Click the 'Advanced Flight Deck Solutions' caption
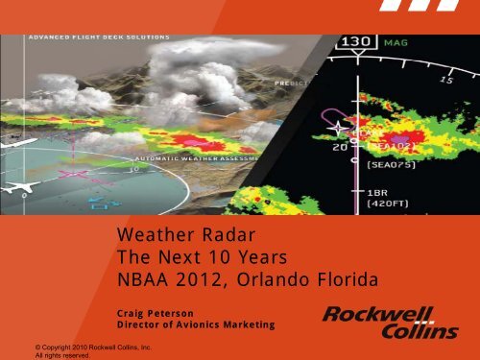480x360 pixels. (x=100, y=37)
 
